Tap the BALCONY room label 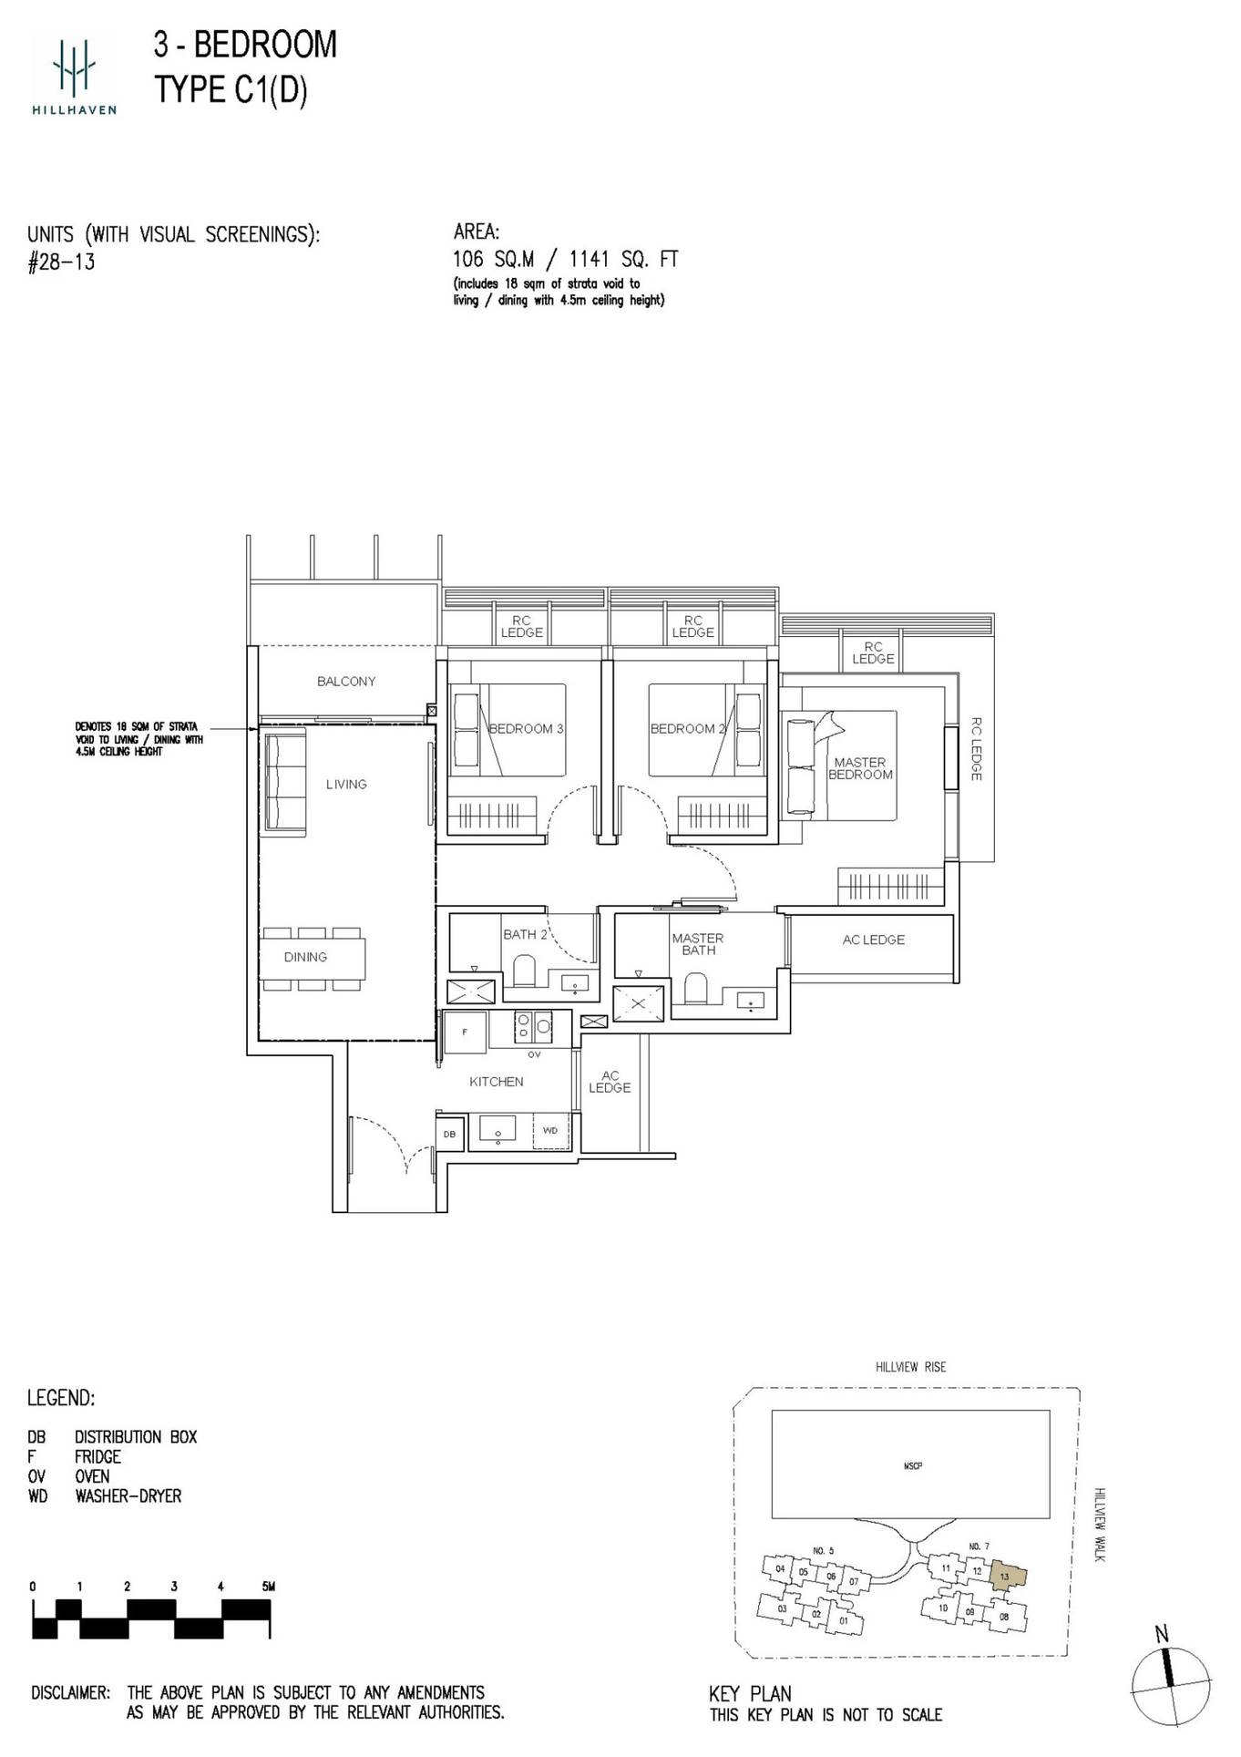point(346,682)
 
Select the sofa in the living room point(285,784)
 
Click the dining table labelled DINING point(312,958)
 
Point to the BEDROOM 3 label point(526,729)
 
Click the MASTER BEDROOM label point(860,768)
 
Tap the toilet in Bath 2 point(525,971)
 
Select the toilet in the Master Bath point(695,987)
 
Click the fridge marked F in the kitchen point(465,1033)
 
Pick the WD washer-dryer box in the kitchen point(550,1130)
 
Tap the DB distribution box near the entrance point(449,1135)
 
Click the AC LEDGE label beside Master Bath point(873,940)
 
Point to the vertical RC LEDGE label point(976,749)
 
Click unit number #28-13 point(62,263)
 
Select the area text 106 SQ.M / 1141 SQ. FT point(565,260)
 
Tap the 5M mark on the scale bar point(267,1587)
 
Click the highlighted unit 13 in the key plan point(1006,1577)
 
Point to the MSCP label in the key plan point(912,1466)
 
